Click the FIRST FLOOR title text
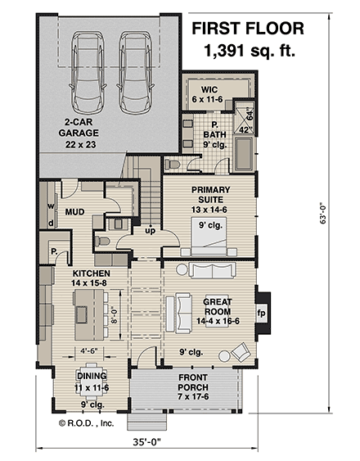point(247,29)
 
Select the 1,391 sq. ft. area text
point(247,52)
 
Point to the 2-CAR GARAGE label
point(81,136)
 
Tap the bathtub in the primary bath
point(243,155)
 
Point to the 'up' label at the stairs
point(150,230)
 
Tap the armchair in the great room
point(241,352)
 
